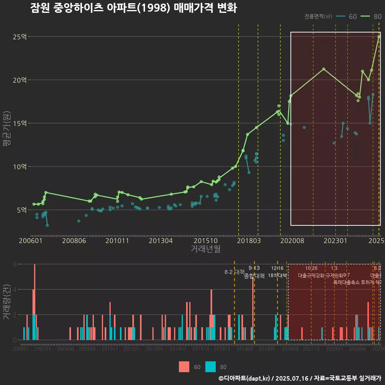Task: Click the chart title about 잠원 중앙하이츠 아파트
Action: coord(134,8)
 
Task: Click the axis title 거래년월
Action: coord(205,249)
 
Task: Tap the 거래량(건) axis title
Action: coord(6,302)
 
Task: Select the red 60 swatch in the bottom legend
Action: coord(184,367)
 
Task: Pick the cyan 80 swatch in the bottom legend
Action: coord(211,367)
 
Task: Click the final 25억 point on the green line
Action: coord(379,36)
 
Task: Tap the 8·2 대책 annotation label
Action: coord(235,272)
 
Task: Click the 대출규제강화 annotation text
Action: coord(311,276)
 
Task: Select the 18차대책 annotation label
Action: coord(278,276)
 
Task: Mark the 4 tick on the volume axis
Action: coord(15,290)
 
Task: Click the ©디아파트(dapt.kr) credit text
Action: coord(244,378)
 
